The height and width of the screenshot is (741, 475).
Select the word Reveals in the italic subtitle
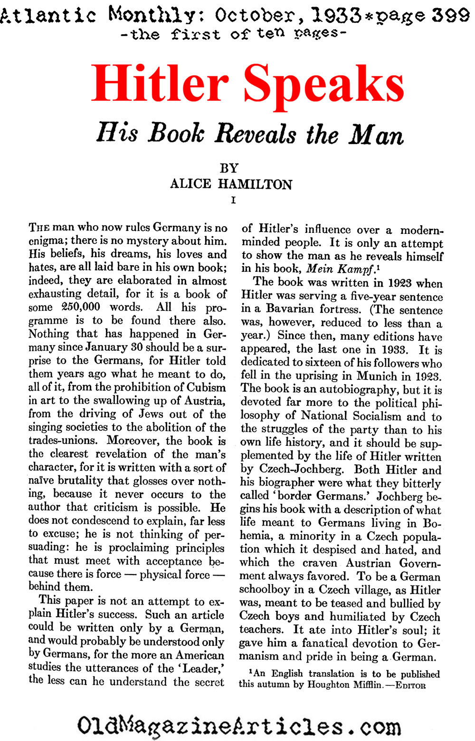(256, 134)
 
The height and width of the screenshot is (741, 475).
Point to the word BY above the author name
(229, 168)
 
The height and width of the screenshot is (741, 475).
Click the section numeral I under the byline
(233, 200)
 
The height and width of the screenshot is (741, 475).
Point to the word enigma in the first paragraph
(47, 241)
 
